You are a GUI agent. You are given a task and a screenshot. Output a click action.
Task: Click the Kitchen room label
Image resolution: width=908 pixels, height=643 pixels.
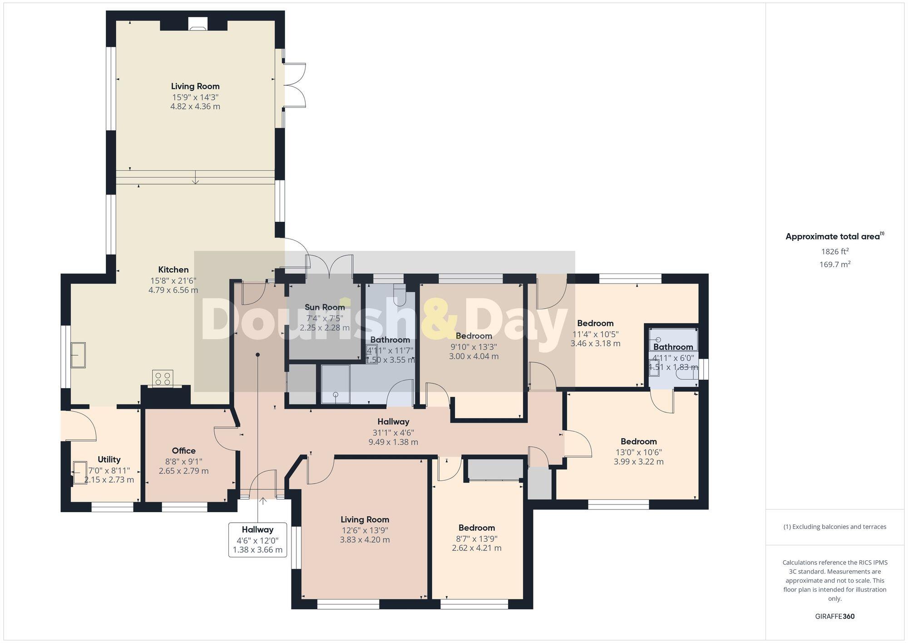point(173,269)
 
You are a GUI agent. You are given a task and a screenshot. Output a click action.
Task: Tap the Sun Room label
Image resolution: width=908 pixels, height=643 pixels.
point(325,307)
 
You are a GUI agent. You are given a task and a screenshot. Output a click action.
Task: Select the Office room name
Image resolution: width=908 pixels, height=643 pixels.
point(183,451)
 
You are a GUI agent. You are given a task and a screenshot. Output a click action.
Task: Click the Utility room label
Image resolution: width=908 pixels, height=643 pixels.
point(109,459)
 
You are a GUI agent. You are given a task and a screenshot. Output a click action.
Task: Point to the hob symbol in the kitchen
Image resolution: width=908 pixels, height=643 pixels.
point(163,379)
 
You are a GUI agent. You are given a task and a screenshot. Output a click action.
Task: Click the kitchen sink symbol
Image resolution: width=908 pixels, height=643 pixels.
point(79,355)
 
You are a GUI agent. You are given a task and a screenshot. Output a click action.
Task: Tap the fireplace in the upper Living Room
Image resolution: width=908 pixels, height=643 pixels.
point(197,25)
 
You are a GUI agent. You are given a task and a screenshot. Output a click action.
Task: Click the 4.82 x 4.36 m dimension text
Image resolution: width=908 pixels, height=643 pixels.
point(195,107)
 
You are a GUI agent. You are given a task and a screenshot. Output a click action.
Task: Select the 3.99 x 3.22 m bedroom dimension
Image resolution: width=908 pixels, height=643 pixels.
point(638,462)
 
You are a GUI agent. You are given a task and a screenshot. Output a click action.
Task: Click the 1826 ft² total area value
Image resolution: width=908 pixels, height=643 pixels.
point(834,251)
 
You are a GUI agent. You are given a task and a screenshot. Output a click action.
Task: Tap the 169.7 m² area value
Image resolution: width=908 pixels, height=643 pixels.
point(834,264)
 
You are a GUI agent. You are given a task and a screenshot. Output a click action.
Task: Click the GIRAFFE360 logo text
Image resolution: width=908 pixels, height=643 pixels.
point(834,617)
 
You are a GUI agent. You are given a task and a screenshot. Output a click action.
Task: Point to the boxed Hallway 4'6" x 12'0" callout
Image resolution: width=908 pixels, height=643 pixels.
point(257,540)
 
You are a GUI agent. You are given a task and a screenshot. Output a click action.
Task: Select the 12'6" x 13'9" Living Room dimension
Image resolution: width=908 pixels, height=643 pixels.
point(365,530)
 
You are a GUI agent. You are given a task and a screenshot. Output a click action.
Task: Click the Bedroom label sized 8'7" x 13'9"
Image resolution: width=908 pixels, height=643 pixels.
point(476,528)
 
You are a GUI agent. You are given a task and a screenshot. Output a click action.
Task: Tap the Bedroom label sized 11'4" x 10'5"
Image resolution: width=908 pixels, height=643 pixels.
point(595,323)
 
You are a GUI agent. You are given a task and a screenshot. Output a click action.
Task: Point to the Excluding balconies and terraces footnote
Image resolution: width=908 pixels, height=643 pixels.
point(834,527)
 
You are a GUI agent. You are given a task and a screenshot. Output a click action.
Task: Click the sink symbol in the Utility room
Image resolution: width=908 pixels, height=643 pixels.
point(80,473)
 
